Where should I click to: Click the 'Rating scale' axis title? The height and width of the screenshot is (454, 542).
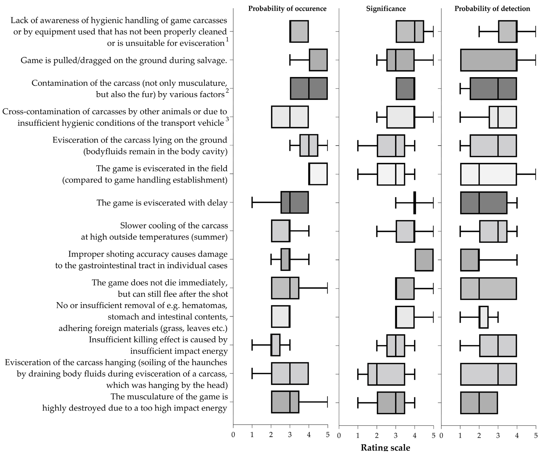[x=385, y=448]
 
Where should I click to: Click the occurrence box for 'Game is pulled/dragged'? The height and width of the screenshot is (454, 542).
[x=318, y=60]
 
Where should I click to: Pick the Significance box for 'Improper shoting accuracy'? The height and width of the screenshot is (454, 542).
[x=424, y=260]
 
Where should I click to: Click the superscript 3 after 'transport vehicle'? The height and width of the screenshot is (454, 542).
[x=227, y=119]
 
